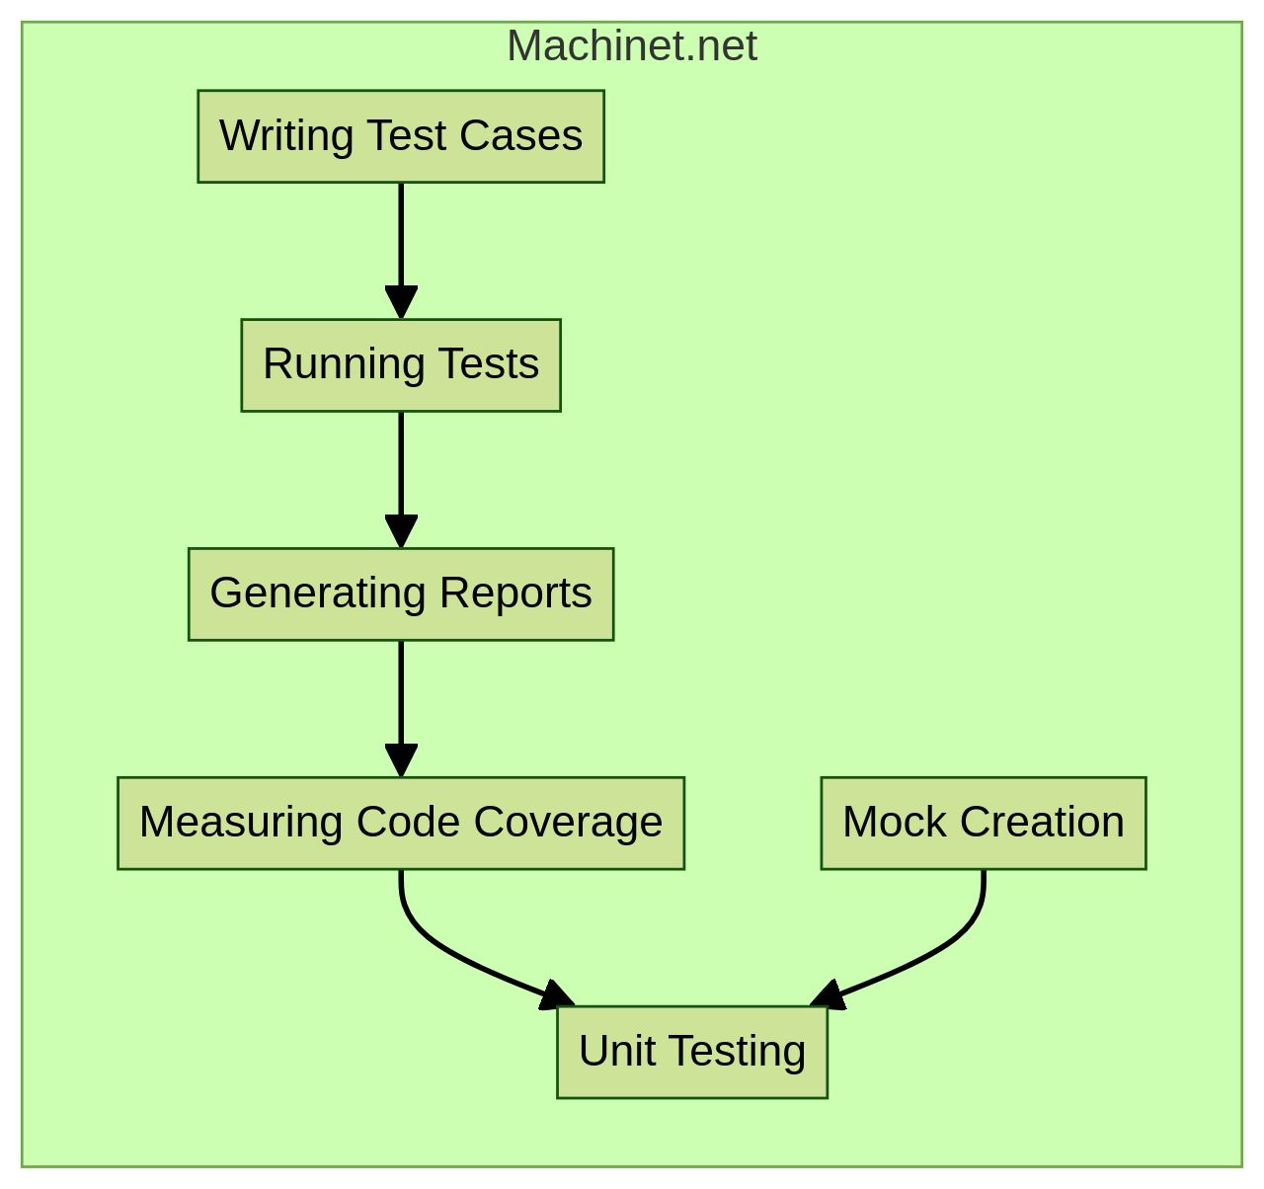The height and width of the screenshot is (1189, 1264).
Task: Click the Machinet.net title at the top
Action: pyautogui.click(x=632, y=46)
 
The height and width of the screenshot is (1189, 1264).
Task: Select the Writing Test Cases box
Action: pyautogui.click(x=400, y=136)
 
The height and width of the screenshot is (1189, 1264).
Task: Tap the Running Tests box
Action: pyautogui.click(x=400, y=364)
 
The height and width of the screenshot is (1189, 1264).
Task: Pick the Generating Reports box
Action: pyautogui.click(x=400, y=594)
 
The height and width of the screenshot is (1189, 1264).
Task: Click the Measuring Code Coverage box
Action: pyautogui.click(x=400, y=823)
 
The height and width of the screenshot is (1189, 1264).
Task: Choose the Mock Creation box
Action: pyautogui.click(x=983, y=823)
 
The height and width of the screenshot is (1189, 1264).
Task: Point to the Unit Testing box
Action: pyautogui.click(x=691, y=1052)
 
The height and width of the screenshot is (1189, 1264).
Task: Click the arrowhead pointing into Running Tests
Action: pyautogui.click(x=401, y=301)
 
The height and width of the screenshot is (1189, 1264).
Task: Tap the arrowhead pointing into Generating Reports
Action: pyautogui.click(x=401, y=530)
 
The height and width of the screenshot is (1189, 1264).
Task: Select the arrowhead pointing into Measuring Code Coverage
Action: pyautogui.click(x=401, y=759)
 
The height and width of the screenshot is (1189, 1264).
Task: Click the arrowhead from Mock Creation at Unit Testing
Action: pyautogui.click(x=829, y=995)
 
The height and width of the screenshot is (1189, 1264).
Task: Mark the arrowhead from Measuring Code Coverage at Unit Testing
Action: pyautogui.click(x=555, y=995)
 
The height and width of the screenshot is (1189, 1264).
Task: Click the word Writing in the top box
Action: pyautogui.click(x=286, y=136)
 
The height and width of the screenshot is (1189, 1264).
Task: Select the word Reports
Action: pyautogui.click(x=515, y=594)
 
